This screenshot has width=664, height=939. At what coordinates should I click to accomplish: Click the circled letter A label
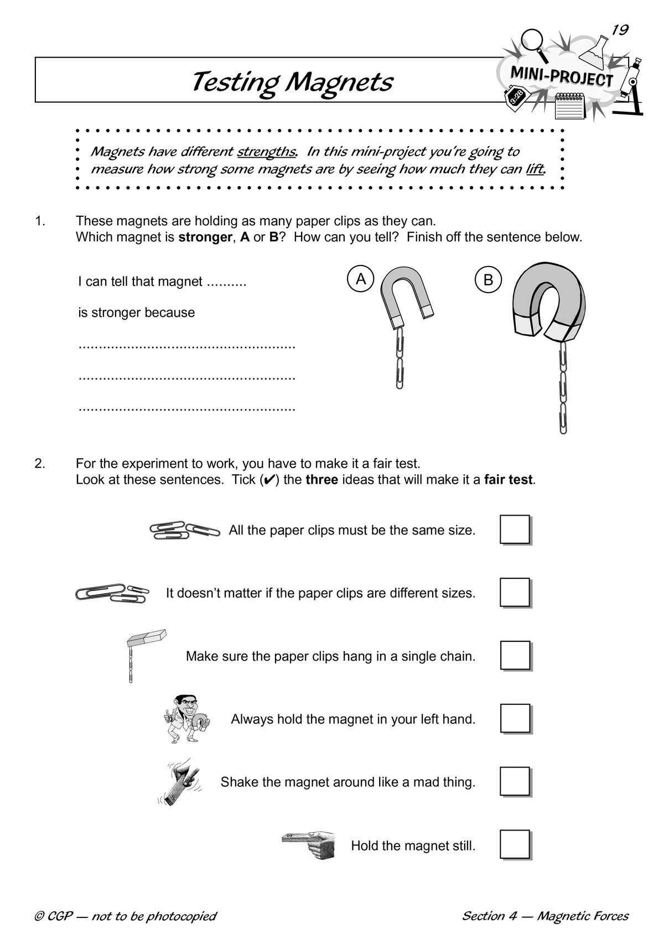[x=361, y=279]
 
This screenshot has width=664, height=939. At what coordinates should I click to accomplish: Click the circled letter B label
[x=488, y=280]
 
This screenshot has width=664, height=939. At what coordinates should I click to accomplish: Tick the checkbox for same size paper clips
[x=515, y=530]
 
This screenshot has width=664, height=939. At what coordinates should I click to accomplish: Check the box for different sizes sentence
[x=515, y=593]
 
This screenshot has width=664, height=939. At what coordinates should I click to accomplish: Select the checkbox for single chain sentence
[x=515, y=656]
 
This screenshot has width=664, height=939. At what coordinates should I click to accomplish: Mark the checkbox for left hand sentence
[x=515, y=719]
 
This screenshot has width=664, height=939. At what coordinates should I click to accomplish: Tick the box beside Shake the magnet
[x=515, y=782]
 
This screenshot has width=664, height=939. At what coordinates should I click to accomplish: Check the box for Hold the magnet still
[x=515, y=845]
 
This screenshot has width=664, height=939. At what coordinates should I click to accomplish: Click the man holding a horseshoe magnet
[x=186, y=719]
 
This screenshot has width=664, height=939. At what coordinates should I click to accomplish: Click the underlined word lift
[x=535, y=169]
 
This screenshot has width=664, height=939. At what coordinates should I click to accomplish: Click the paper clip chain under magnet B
[x=562, y=387]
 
